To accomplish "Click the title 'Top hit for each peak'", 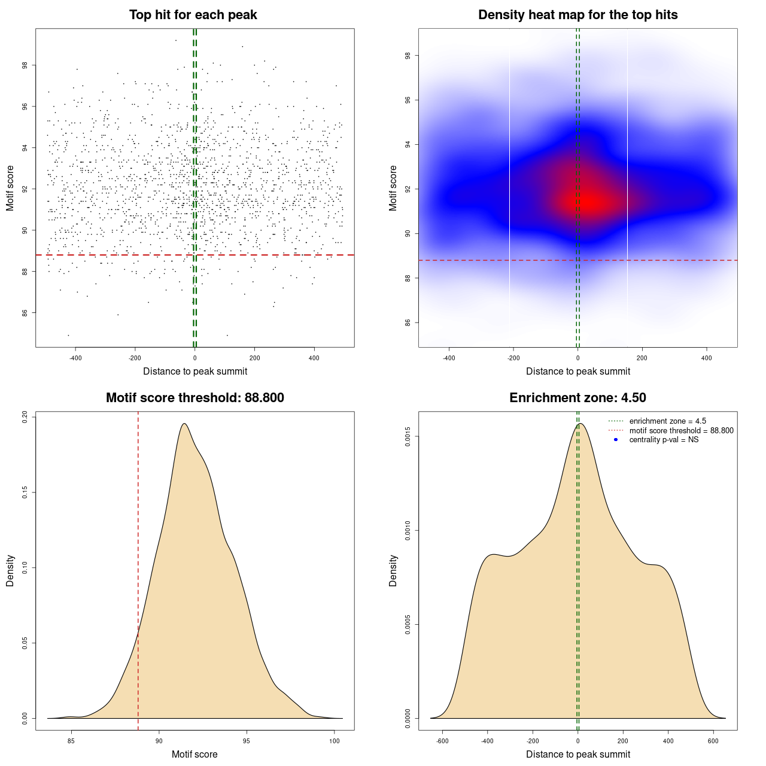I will click(193, 15).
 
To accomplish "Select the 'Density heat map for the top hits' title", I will click(577, 15).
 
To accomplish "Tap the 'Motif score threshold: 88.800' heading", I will click(194, 398).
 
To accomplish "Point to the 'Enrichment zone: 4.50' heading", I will click(577, 398).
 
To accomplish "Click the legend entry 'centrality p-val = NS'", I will click(664, 440).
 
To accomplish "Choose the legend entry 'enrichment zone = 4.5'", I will click(667, 421).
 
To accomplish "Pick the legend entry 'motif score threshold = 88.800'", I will click(681, 431).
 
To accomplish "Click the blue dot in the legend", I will click(616, 440).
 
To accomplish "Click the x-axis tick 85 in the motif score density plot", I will click(71, 741).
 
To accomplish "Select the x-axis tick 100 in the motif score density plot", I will click(335, 741).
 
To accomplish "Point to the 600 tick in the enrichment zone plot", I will click(713, 741).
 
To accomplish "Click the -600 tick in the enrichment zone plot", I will click(442, 741).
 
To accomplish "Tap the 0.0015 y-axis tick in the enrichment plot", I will click(408, 437).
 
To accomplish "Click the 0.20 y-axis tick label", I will click(25, 417).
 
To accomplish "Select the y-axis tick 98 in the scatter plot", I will click(25, 65).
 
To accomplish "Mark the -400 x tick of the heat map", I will click(449, 358).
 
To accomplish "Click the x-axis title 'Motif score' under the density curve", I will click(194, 754).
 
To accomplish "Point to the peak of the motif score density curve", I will click(184, 424).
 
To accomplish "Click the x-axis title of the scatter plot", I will click(195, 371).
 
